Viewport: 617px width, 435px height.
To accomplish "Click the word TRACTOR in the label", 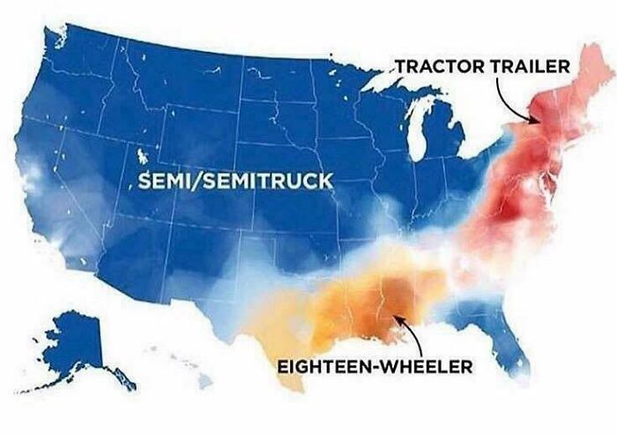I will pos(435,66).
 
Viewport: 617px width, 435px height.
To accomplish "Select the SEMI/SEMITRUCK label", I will pos(233,181).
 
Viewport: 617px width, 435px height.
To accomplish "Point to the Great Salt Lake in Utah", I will pos(141,160).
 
